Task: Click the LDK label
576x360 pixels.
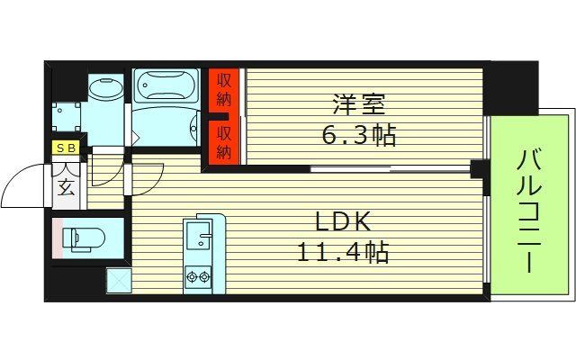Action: click(x=343, y=221)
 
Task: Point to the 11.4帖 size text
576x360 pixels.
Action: click(x=342, y=253)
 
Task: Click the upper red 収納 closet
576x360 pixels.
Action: click(x=223, y=92)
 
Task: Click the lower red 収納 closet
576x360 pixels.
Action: click(x=223, y=143)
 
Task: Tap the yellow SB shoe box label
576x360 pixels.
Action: click(x=67, y=148)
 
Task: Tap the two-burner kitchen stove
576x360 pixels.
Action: click(x=198, y=276)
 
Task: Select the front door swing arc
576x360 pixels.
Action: click(x=25, y=184)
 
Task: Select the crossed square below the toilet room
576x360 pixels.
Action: click(x=119, y=280)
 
